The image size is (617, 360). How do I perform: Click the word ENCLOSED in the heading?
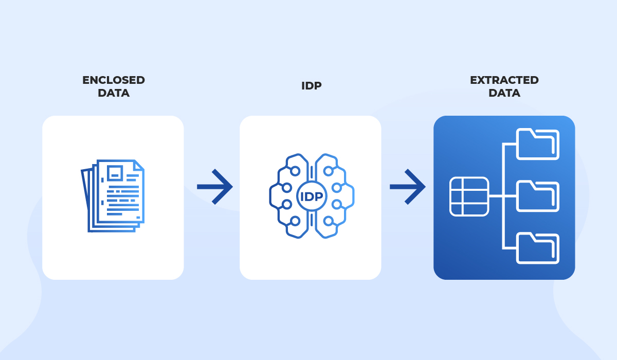[114, 80]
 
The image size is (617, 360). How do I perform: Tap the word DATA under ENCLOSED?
[114, 93]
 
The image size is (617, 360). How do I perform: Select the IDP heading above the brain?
[311, 86]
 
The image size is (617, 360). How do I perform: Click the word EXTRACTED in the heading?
[504, 80]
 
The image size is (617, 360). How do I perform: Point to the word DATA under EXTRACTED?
[504, 93]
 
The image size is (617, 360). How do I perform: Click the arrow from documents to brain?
[215, 187]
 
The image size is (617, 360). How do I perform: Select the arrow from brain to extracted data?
[408, 187]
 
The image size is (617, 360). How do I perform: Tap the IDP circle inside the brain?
[312, 196]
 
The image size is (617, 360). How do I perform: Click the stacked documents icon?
[113, 196]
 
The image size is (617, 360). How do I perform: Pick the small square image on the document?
[115, 173]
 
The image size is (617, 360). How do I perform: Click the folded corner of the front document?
[138, 165]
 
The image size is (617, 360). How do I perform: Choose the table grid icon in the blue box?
[469, 196]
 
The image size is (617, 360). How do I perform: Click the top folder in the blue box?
[537, 144]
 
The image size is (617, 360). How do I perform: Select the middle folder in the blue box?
[537, 196]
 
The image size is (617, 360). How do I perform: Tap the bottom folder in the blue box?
[537, 248]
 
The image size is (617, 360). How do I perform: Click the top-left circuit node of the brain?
[295, 171]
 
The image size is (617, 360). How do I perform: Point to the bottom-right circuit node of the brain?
[329, 221]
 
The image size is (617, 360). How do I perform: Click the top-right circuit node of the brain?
[328, 171]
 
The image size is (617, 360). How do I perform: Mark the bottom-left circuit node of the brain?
[295, 221]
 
